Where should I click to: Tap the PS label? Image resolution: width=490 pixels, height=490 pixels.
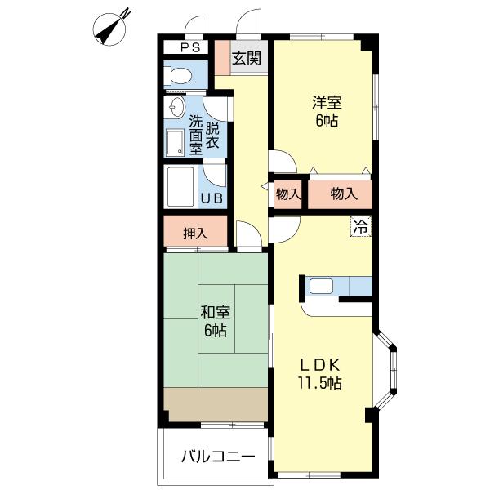coord(189,47)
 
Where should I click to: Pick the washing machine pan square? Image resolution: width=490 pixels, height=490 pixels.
coord(176,143)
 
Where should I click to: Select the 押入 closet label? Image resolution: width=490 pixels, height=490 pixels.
coord(195,233)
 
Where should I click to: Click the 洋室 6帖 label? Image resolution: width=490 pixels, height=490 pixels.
coord(326,112)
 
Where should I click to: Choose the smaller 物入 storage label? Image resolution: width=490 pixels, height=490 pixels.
coord(287,194)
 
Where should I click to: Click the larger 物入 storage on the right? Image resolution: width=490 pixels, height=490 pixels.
coord(344,194)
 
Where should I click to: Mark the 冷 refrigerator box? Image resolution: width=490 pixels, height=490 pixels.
coord(359,226)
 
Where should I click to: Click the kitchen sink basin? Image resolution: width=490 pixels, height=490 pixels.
coord(321,287)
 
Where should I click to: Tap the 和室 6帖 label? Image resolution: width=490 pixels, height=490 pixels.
coord(216,321)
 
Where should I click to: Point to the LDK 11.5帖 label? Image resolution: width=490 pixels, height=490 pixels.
coord(318,373)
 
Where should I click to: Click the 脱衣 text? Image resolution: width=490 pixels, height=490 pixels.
coord(212,135)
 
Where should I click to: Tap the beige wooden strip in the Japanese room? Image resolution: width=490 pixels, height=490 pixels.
coord(216,403)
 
